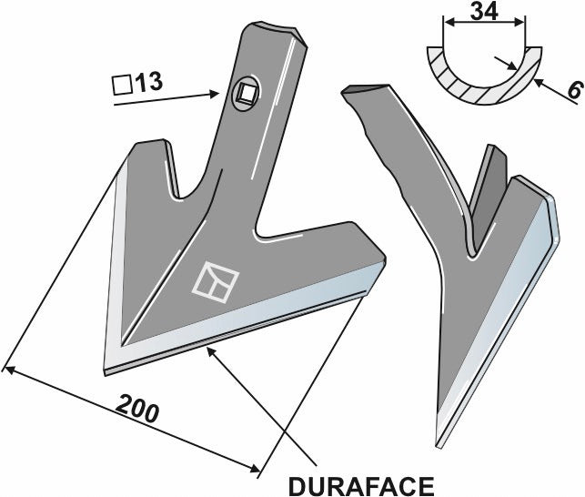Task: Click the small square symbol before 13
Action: (x=121, y=85)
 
